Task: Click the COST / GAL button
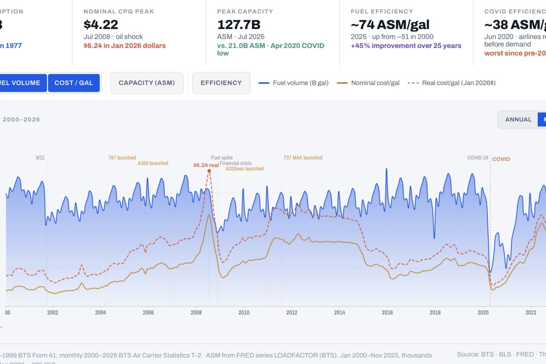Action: click(74, 83)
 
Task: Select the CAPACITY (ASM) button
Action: click(147, 83)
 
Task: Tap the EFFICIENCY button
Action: click(221, 83)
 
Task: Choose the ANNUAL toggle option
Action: click(518, 119)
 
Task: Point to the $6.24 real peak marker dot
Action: click(209, 171)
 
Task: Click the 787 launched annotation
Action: click(122, 158)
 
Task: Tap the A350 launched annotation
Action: click(153, 163)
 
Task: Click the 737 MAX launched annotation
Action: click(303, 158)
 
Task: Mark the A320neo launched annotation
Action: click(245, 169)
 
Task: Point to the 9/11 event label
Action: click(40, 158)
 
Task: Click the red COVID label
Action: click(501, 159)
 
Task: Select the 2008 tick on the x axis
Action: click(196, 313)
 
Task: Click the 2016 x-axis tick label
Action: click(387, 313)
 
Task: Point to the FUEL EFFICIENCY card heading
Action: click(382, 12)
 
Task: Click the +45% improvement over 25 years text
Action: click(406, 46)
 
